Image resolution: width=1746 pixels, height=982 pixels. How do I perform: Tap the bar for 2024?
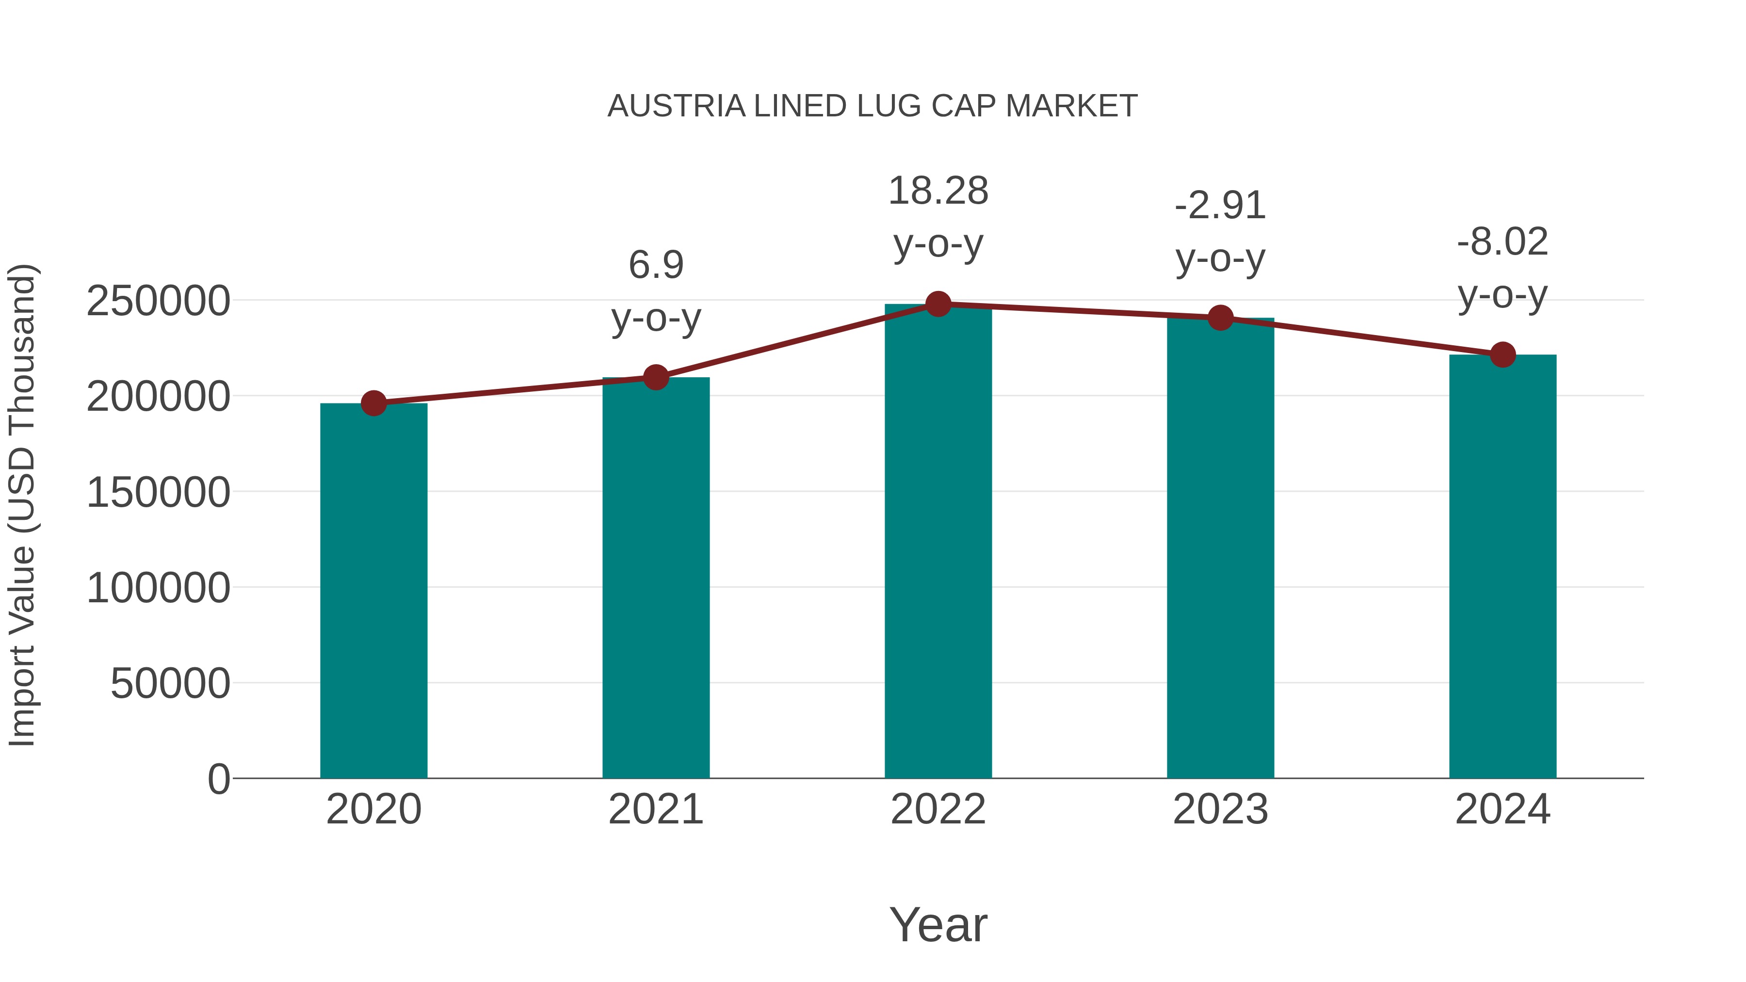pyautogui.click(x=1503, y=566)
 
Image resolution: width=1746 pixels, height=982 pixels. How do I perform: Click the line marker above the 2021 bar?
pyautogui.click(x=655, y=377)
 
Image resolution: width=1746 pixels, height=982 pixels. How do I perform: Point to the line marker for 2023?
pyautogui.click(x=1220, y=317)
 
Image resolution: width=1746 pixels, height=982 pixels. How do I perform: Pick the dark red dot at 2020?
pyautogui.click(x=373, y=403)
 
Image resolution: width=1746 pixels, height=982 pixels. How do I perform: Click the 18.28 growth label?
pyautogui.click(x=938, y=191)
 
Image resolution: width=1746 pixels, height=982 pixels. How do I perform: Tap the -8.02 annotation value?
pyautogui.click(x=1503, y=242)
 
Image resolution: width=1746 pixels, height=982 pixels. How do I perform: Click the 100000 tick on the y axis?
pyautogui.click(x=158, y=588)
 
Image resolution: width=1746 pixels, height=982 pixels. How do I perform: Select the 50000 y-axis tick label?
pyautogui.click(x=170, y=683)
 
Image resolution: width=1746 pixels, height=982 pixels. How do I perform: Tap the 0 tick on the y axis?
pyautogui.click(x=219, y=779)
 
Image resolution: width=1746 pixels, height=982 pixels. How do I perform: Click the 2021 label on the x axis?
pyautogui.click(x=655, y=809)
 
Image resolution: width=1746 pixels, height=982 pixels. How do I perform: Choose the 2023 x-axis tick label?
pyautogui.click(x=1220, y=809)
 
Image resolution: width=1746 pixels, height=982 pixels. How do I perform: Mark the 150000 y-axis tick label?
pyautogui.click(x=158, y=492)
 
